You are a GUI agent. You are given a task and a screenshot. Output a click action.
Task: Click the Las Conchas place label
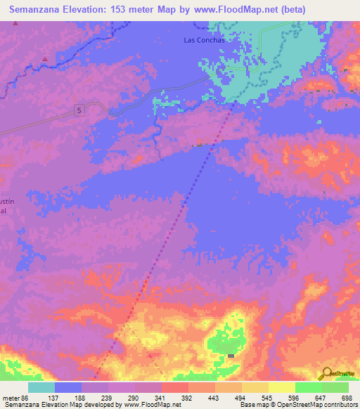point(205,40)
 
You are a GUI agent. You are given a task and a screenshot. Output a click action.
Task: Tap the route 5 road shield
point(79,110)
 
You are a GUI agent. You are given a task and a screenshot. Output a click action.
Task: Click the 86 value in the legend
point(27,398)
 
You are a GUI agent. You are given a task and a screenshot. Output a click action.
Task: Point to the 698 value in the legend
point(347,398)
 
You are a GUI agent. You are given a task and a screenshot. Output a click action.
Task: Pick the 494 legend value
point(240,398)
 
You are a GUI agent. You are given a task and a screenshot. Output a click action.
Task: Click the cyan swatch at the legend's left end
point(41,387)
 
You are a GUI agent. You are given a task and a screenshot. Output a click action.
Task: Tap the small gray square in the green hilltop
point(231,356)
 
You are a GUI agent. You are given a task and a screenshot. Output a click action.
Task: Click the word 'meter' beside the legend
point(11,398)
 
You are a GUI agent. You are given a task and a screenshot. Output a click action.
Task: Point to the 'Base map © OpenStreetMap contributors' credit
point(298,405)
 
